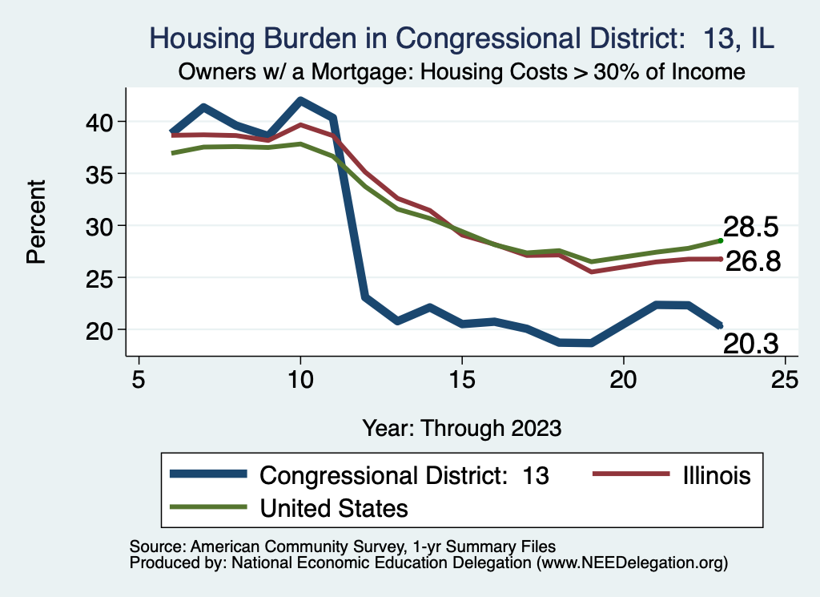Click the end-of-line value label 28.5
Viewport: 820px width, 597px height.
pos(750,227)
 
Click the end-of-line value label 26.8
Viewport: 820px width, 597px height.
pos(753,261)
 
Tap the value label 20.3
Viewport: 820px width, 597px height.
pos(751,344)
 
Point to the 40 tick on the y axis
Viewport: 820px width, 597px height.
pos(101,122)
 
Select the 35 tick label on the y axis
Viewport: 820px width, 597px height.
pos(101,174)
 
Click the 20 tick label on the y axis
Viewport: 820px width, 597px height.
pos(101,330)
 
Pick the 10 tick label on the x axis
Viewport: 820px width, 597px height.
pos(300,379)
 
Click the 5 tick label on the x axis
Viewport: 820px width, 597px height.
pos(139,379)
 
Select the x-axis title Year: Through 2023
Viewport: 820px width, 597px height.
pos(461,426)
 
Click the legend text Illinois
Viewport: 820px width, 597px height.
pos(717,475)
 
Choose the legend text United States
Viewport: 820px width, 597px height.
pos(333,508)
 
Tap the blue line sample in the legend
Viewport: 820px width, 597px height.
pos(210,475)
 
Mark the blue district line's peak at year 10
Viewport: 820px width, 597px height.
pos(300,101)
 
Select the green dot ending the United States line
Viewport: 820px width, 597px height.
pos(721,240)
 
